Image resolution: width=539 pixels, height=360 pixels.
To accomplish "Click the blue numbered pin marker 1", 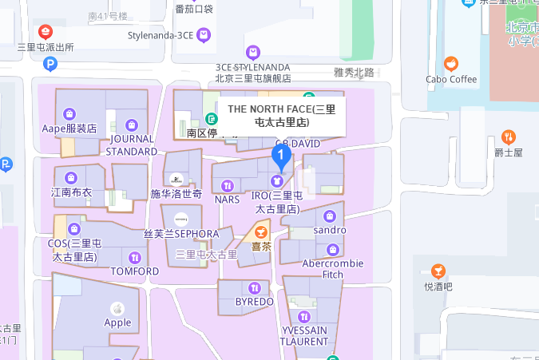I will click(x=280, y=155).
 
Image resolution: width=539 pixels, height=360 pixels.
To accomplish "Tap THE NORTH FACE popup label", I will click(x=281, y=116).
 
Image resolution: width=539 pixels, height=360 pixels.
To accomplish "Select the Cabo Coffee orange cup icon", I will click(x=451, y=64).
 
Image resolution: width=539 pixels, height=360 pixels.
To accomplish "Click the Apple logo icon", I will click(x=117, y=308).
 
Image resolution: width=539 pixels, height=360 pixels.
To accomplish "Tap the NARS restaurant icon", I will click(x=228, y=185).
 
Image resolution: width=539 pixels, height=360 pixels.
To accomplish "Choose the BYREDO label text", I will click(x=255, y=302).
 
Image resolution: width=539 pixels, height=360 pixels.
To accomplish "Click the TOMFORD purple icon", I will click(x=134, y=257).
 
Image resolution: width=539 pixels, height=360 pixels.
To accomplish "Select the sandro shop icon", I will click(x=329, y=216).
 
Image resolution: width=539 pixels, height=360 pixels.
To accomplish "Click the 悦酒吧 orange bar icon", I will click(x=438, y=271).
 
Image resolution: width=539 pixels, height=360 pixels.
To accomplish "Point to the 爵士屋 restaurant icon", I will click(x=508, y=136).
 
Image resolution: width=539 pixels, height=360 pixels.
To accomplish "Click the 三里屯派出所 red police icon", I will click(x=46, y=32).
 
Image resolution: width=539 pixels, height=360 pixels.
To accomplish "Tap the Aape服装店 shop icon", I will click(x=69, y=113).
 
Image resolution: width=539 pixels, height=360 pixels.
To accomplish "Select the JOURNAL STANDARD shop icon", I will click(x=132, y=125).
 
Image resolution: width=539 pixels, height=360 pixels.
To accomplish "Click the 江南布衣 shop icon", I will click(x=71, y=177).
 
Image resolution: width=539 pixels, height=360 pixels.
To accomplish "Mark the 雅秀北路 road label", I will click(x=354, y=73).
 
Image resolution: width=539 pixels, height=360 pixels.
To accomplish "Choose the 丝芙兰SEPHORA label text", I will click(x=181, y=234).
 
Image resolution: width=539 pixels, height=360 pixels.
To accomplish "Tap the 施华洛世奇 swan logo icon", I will click(x=176, y=179).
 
